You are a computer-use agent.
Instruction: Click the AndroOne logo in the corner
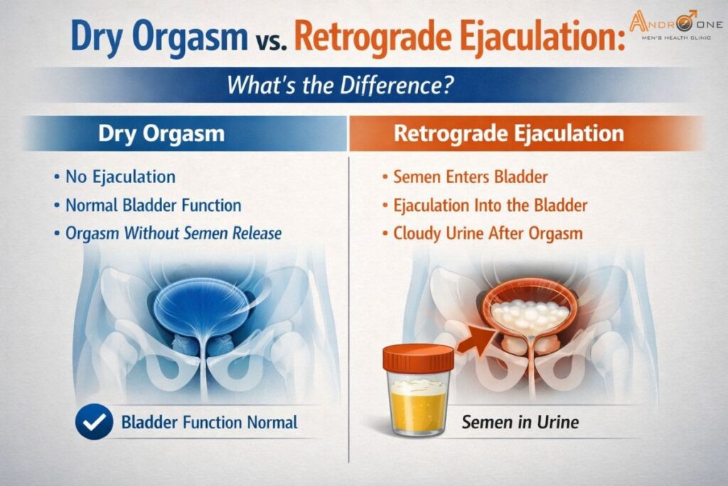[675, 29]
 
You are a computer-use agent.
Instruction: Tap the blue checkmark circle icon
[94, 423]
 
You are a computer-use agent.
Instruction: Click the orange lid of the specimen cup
[418, 356]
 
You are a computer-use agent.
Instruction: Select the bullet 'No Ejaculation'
[120, 176]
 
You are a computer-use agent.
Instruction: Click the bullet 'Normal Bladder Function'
[153, 206]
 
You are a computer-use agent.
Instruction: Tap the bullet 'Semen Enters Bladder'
[470, 176]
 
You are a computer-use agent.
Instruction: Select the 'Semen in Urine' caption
[520, 423]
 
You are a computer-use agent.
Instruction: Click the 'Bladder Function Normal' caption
[209, 423]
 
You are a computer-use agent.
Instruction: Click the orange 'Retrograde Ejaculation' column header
[508, 134]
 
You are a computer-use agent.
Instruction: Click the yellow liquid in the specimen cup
[419, 409]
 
